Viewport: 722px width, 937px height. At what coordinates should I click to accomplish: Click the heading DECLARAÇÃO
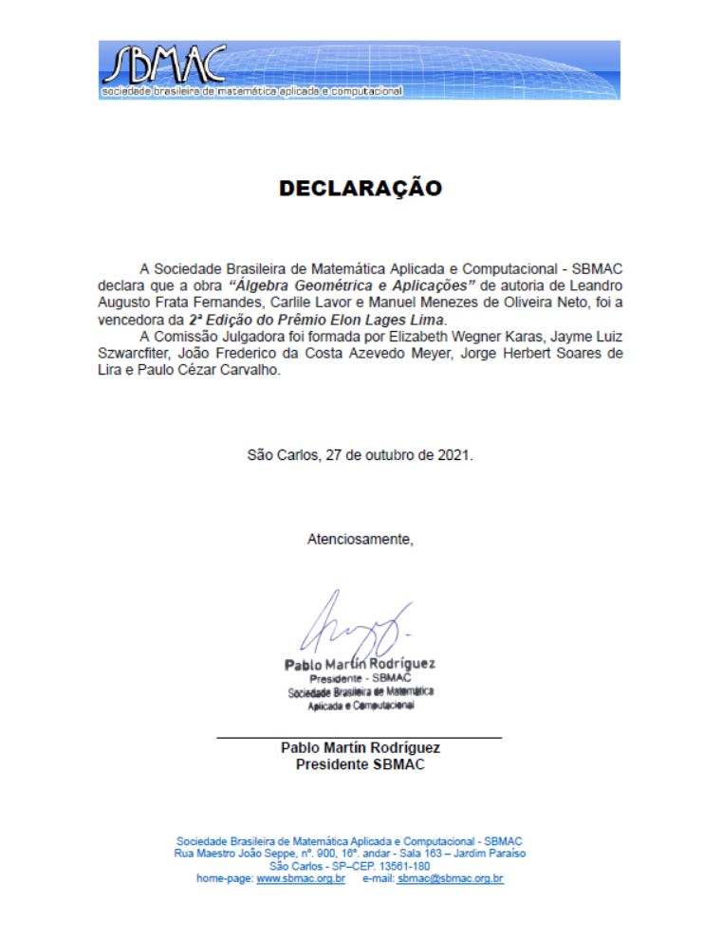point(361,189)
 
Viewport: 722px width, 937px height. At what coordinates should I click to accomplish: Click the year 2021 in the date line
point(454,454)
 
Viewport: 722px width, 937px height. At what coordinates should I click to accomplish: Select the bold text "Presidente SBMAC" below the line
point(360,764)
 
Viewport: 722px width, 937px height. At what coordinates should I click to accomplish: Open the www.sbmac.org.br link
point(301,879)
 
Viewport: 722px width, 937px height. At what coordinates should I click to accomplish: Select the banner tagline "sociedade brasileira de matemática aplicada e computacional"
point(251,91)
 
